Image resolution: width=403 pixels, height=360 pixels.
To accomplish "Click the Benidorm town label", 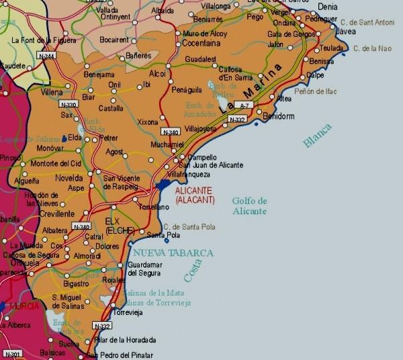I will point(279,116).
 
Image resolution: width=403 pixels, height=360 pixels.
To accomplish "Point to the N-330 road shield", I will point(68,104).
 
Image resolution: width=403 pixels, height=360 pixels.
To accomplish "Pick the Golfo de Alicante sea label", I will point(249,206).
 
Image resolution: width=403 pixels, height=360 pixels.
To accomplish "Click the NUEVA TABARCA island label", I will point(173,253).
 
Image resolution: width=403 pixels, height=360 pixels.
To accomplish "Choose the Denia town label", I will point(328,6).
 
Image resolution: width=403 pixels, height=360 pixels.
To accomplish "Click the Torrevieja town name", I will point(130,313).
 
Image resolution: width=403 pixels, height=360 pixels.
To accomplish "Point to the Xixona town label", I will point(147,122).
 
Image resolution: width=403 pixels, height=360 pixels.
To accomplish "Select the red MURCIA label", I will point(24,306).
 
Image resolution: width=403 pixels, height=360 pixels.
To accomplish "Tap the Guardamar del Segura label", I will point(144,269).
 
